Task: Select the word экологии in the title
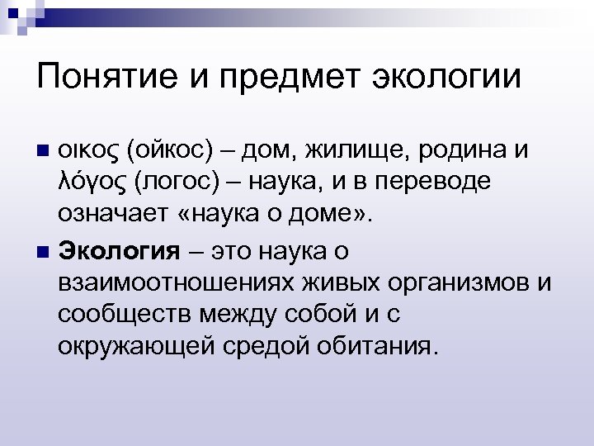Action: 449,79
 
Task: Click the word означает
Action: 113,216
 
